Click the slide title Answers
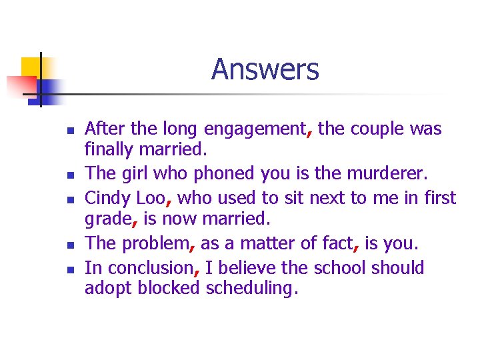[265, 69]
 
